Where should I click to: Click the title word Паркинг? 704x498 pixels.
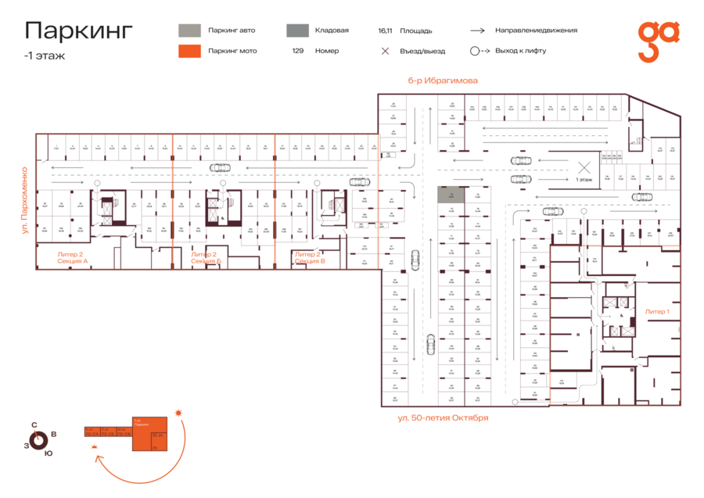coord(78,31)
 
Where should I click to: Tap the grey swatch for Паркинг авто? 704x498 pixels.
coord(189,30)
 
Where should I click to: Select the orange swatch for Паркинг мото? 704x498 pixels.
coord(189,51)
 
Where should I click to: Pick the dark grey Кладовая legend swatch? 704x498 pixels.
coord(296,30)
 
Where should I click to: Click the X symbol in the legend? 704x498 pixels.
coord(385,51)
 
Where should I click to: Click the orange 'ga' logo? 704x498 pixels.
coord(658,41)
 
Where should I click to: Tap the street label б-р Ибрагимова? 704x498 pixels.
coord(442,81)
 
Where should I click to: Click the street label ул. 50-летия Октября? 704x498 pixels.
coord(442,417)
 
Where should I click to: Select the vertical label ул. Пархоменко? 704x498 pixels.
coord(25,200)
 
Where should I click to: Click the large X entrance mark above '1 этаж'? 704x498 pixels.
coord(583,167)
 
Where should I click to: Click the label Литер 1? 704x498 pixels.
coord(656,311)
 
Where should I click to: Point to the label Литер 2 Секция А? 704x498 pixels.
coord(72,257)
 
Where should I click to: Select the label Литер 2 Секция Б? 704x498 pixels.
coord(203,257)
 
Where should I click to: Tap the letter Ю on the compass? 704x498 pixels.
coord(48,453)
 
